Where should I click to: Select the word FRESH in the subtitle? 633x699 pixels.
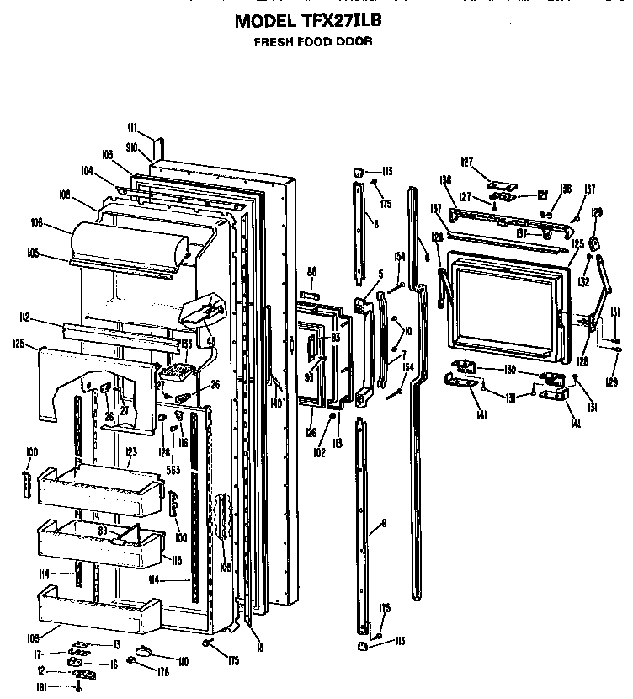click(x=273, y=40)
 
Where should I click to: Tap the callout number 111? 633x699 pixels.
click(x=132, y=129)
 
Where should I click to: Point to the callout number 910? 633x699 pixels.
click(x=132, y=146)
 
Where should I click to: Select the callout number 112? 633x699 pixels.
click(x=48, y=317)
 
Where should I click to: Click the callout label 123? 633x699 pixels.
click(x=130, y=451)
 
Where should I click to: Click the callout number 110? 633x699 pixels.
click(x=183, y=662)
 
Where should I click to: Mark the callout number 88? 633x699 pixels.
click(x=311, y=270)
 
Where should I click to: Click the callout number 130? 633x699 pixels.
click(x=509, y=370)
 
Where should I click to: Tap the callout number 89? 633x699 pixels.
click(x=102, y=531)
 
